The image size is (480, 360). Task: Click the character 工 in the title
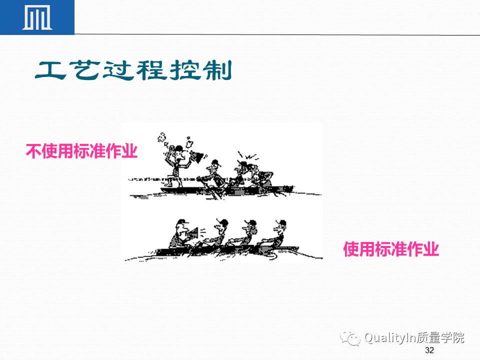point(50,71)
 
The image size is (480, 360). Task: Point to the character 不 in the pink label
point(32,151)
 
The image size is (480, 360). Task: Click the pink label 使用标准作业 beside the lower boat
point(390,249)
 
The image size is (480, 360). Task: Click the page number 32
point(429,350)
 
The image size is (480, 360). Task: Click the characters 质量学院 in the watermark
point(442,338)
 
